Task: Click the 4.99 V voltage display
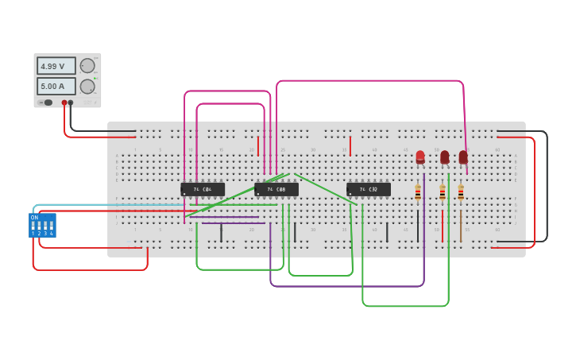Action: pos(56,66)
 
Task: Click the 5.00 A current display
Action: pos(56,86)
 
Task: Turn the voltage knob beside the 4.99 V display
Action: pos(87,66)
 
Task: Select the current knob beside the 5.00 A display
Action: pos(87,86)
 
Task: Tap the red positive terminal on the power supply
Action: pos(64,103)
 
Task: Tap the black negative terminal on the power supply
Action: pos(71,103)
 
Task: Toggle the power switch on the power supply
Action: pos(47,103)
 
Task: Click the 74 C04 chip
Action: pos(203,189)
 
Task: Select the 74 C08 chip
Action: pos(276,189)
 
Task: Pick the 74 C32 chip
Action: pos(369,189)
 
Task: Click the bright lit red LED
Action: pos(420,157)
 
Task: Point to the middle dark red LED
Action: pos(445,157)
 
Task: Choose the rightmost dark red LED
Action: pos(463,157)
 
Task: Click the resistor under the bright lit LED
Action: pos(418,193)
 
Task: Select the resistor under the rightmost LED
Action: pos(461,193)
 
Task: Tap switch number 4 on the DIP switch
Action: pos(51,226)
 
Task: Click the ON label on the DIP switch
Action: pos(34,217)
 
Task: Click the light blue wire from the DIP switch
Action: pos(79,205)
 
